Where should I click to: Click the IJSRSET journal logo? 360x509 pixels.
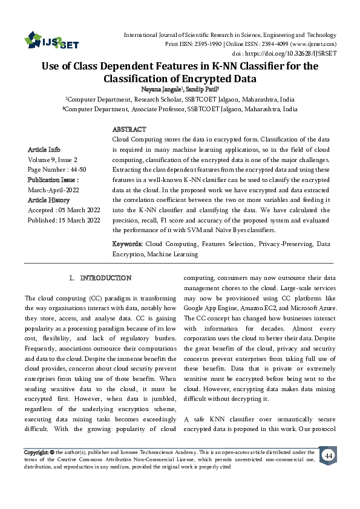point(48,42)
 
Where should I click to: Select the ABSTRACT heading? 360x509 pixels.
point(129,130)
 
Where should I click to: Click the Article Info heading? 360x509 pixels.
point(44,149)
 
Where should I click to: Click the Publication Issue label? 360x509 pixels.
point(53,180)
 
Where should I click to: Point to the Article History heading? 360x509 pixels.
point(49,199)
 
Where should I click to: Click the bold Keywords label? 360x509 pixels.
point(127,244)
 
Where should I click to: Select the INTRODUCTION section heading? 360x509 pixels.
point(105,278)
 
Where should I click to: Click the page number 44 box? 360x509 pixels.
point(329,455)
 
